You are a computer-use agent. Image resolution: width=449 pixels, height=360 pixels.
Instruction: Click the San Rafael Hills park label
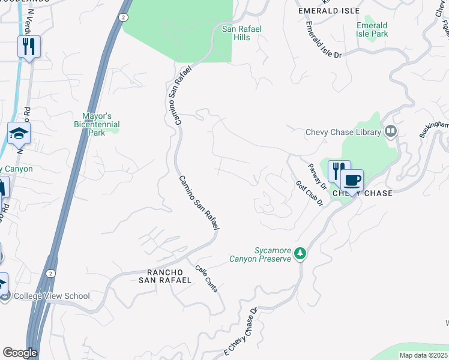coord(244,33)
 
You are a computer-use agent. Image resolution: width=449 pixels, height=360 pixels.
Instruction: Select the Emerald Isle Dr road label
coord(324,41)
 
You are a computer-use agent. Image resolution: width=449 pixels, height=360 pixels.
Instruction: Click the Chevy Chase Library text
coord(343,133)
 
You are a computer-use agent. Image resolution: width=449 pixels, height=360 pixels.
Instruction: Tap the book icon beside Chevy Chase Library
coord(391,131)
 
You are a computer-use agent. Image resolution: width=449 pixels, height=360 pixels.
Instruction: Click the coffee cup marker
coord(352,180)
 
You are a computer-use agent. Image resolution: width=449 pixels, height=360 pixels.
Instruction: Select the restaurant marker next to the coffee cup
coord(338,171)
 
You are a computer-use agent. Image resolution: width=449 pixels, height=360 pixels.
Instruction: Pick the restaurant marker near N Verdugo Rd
coord(29,46)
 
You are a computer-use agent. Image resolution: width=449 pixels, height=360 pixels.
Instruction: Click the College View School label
coord(52,296)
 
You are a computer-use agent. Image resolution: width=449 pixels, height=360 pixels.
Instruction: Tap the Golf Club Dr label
coord(310,194)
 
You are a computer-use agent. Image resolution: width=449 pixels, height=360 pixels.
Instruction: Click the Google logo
coord(20,353)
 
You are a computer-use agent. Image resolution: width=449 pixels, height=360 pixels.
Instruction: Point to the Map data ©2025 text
coord(423,355)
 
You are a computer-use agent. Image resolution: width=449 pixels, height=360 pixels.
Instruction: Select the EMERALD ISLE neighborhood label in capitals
coord(329,11)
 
